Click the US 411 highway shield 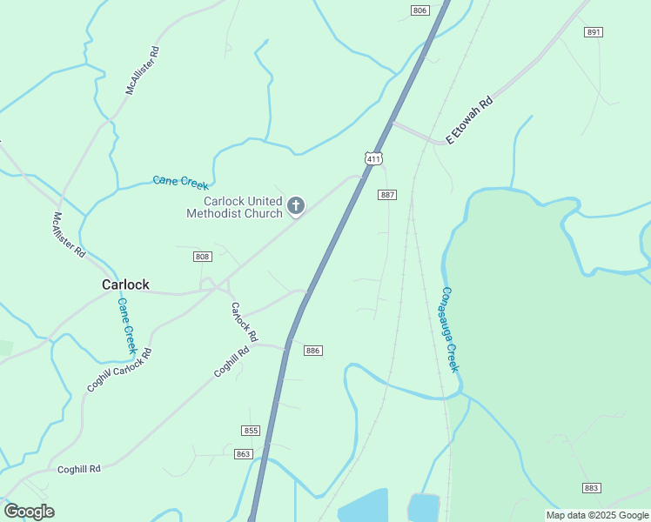(373, 158)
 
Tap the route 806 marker (420, 10)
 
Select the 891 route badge (594, 32)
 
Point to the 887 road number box (387, 195)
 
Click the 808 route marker (202, 257)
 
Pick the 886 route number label (313, 351)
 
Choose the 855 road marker (251, 432)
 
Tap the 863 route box (244, 454)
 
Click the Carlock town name (125, 284)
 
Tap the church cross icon (296, 206)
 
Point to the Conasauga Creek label (449, 330)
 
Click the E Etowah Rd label (470, 121)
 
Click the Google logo (29, 512)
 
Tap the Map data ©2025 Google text (597, 515)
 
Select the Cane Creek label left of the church (181, 182)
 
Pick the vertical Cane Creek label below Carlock (127, 325)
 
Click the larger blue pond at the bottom (364, 507)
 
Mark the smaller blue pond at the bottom (423, 506)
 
